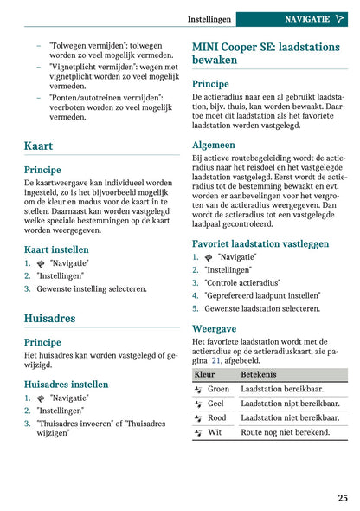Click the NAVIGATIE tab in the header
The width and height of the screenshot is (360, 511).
(309, 18)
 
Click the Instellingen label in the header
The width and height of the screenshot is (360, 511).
(209, 18)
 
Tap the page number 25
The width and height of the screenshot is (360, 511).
(343, 497)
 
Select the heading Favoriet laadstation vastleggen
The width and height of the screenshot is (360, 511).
(260, 243)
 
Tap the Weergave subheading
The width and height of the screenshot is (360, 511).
(214, 329)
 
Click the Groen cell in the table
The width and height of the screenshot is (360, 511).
(218, 389)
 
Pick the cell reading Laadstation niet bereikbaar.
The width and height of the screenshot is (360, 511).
(289, 417)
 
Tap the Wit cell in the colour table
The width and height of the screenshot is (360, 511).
(215, 430)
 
